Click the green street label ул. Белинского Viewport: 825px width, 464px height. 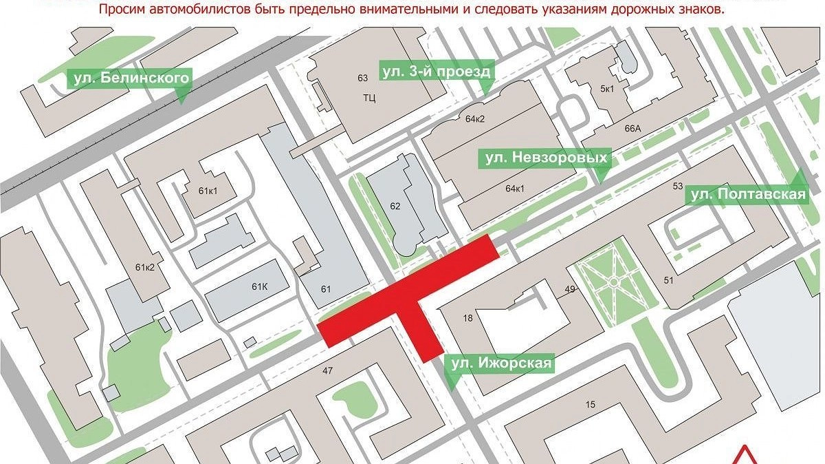129,78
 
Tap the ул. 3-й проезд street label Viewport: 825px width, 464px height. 436,72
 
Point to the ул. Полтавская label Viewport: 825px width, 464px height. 747,195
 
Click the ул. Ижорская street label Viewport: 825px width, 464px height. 500,363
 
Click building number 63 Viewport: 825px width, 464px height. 364,77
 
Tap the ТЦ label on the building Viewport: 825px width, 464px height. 369,98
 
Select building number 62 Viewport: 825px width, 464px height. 395,205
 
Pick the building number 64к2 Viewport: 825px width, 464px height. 475,120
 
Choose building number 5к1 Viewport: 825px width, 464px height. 608,89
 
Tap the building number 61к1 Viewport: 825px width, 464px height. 207,191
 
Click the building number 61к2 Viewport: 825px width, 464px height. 144,268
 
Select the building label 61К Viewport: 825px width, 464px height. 259,286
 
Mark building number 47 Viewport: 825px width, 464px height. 327,371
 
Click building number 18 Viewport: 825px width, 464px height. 468,318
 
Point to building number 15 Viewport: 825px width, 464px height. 590,404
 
